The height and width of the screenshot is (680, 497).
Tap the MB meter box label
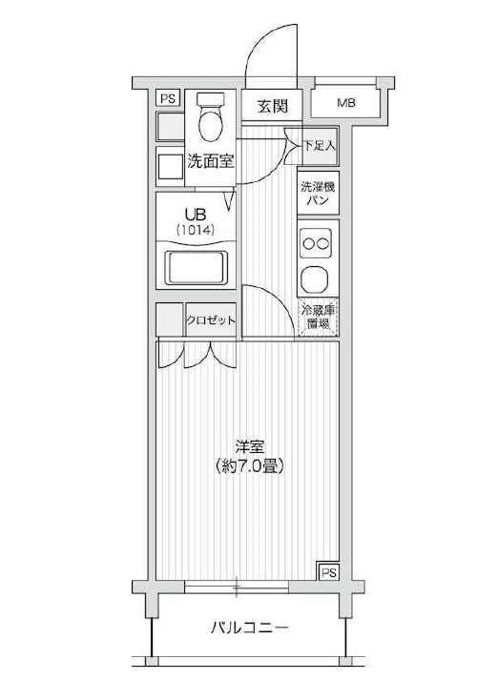click(x=344, y=103)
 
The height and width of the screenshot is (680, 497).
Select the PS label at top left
click(x=168, y=97)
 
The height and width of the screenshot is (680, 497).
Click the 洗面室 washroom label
click(x=210, y=161)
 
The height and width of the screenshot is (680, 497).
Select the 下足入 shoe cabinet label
click(x=318, y=146)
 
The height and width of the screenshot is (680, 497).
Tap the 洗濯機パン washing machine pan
click(x=318, y=195)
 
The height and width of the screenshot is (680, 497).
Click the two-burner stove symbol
click(x=317, y=244)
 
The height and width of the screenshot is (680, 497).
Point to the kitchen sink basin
click(x=317, y=278)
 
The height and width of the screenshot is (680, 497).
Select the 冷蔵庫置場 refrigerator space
click(x=318, y=317)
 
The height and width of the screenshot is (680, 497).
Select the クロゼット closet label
click(x=211, y=320)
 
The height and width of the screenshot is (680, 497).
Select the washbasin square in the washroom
click(x=170, y=166)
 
